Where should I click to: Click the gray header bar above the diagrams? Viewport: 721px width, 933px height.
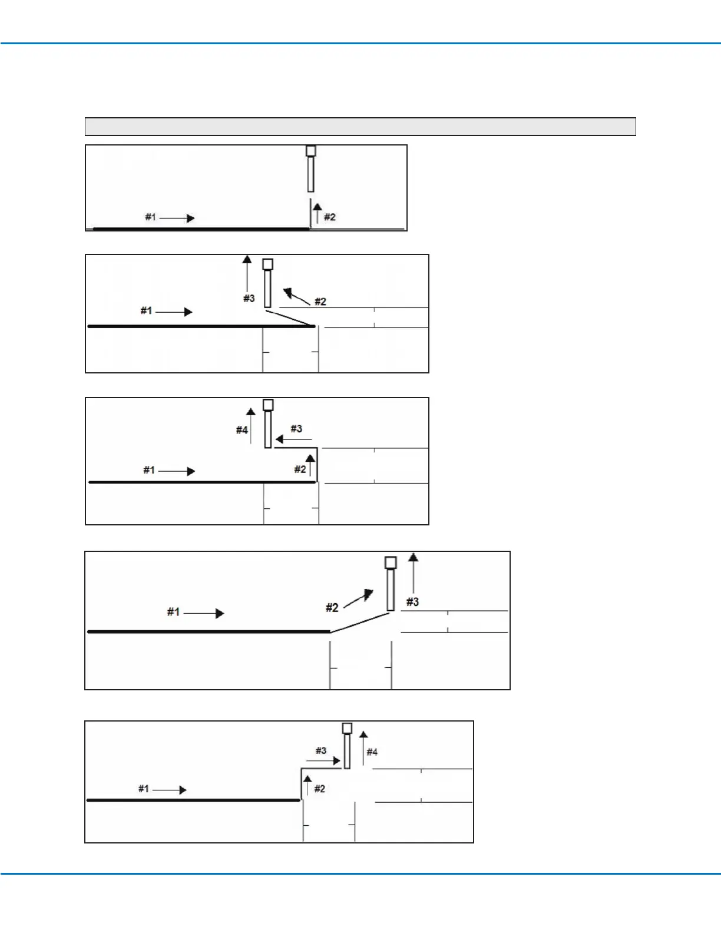point(360,127)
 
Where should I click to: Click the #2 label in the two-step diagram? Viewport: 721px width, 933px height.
point(330,217)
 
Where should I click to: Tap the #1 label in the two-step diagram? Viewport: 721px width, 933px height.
point(151,217)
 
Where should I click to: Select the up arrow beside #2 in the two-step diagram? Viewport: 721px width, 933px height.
point(317,213)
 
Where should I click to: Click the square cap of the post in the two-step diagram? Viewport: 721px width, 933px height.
point(310,151)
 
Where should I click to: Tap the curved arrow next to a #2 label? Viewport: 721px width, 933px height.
point(296,295)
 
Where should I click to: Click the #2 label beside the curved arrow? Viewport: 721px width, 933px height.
point(320,302)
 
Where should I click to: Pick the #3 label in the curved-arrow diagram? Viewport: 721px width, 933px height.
point(249,299)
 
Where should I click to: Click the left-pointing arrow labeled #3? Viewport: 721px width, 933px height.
point(293,439)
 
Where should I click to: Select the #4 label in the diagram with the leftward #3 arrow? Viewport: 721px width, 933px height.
point(242,430)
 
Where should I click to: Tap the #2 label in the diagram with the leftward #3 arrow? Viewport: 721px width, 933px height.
point(300,469)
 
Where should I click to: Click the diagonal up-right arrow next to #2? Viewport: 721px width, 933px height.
point(359,598)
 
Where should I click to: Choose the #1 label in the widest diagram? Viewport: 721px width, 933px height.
point(173,612)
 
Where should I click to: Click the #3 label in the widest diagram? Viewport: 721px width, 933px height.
point(412,602)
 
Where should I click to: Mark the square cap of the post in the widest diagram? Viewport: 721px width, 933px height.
point(391,563)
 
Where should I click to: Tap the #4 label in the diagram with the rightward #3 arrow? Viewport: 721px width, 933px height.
point(372,752)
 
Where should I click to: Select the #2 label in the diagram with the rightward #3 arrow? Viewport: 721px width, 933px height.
point(320,789)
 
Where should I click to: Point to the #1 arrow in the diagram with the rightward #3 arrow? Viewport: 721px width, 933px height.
point(170,790)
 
